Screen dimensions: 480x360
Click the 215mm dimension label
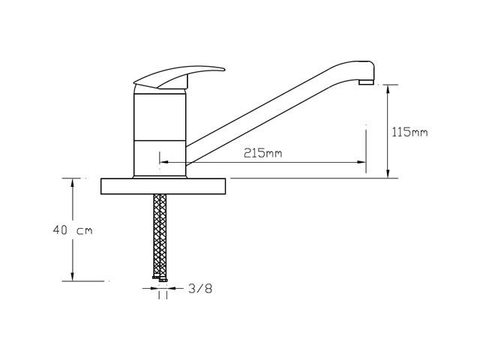(262, 153)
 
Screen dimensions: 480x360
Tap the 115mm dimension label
(409, 132)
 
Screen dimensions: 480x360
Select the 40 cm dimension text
(73, 230)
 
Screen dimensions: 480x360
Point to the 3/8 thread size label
(200, 289)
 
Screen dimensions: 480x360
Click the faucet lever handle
(179, 76)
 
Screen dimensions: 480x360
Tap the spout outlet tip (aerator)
(366, 82)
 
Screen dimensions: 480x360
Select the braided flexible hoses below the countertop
(160, 235)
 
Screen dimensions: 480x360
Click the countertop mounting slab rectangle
(163, 186)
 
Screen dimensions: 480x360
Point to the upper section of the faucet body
(160, 117)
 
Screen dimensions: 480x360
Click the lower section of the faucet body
(160, 158)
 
